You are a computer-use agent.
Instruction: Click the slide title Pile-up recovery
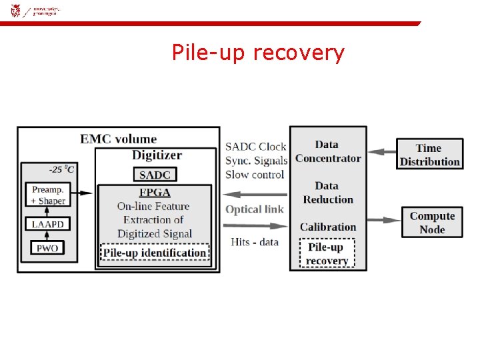(x=258, y=53)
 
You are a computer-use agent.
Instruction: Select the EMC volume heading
(x=119, y=139)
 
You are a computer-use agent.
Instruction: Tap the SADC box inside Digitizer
(x=155, y=175)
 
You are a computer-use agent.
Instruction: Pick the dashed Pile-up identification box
(x=154, y=253)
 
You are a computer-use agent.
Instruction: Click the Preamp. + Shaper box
(x=47, y=195)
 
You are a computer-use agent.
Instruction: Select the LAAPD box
(x=47, y=225)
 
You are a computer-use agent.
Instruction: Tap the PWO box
(x=47, y=248)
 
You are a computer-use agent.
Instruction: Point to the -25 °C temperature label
(x=61, y=169)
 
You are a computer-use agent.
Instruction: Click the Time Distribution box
(x=429, y=155)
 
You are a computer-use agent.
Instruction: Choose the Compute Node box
(x=432, y=223)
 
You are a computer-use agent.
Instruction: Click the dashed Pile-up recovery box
(x=327, y=254)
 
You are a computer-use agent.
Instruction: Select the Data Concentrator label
(x=327, y=151)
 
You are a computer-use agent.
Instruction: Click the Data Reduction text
(x=327, y=193)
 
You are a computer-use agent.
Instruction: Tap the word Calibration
(x=327, y=227)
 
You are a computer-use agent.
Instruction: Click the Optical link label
(x=254, y=209)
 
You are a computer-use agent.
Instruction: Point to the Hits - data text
(x=254, y=241)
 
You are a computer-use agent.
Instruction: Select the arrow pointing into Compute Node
(x=383, y=219)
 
